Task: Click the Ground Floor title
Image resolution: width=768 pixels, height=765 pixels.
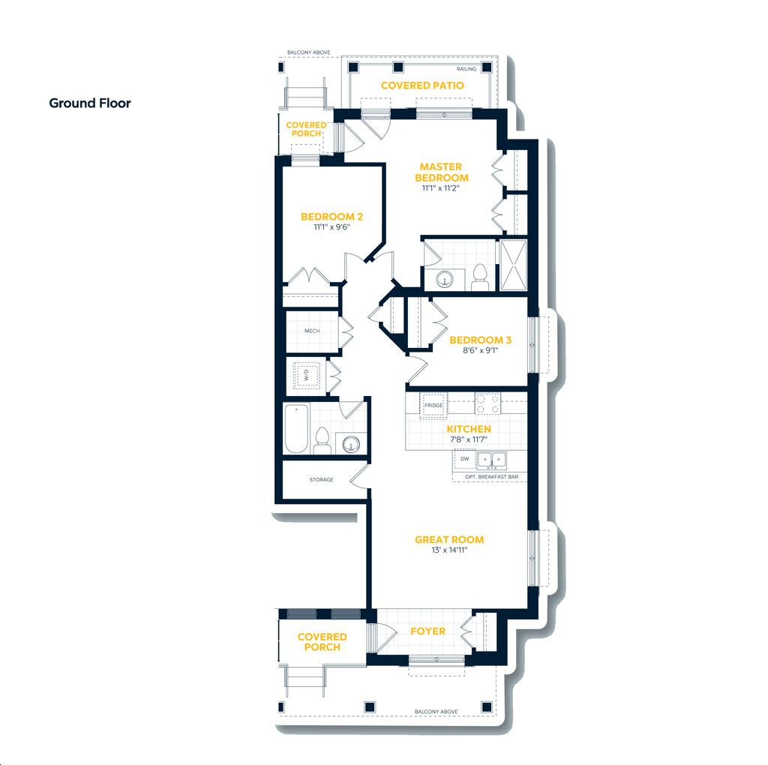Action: click(90, 103)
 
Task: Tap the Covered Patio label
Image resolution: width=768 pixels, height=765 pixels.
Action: click(422, 85)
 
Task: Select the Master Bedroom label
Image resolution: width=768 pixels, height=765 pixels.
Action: click(441, 172)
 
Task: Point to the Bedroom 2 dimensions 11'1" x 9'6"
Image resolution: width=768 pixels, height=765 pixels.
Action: click(332, 227)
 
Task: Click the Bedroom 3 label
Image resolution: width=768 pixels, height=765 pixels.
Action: click(481, 340)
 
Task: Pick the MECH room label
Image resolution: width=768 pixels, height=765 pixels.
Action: click(312, 331)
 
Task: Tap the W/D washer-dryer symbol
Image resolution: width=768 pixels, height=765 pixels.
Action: click(307, 375)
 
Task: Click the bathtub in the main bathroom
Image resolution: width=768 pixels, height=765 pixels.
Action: click(296, 428)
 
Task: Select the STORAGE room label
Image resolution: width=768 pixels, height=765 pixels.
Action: click(321, 480)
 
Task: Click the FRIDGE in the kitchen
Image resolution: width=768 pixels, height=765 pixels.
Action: click(433, 406)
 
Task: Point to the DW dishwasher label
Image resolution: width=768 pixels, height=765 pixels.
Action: click(465, 459)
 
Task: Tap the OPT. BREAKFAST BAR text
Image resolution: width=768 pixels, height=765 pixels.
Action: click(492, 476)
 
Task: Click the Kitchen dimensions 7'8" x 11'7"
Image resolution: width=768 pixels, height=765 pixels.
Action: click(469, 439)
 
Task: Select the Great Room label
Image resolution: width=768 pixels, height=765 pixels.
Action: click(449, 540)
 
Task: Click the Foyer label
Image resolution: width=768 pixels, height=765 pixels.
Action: click(428, 631)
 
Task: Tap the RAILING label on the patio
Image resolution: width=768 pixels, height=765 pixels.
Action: click(466, 69)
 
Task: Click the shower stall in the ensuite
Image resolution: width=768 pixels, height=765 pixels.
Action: click(513, 265)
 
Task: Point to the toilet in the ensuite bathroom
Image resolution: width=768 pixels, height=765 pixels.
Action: click(480, 277)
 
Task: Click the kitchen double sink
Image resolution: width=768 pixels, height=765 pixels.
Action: click(492, 460)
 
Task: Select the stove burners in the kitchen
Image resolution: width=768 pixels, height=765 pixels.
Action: click(487, 403)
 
